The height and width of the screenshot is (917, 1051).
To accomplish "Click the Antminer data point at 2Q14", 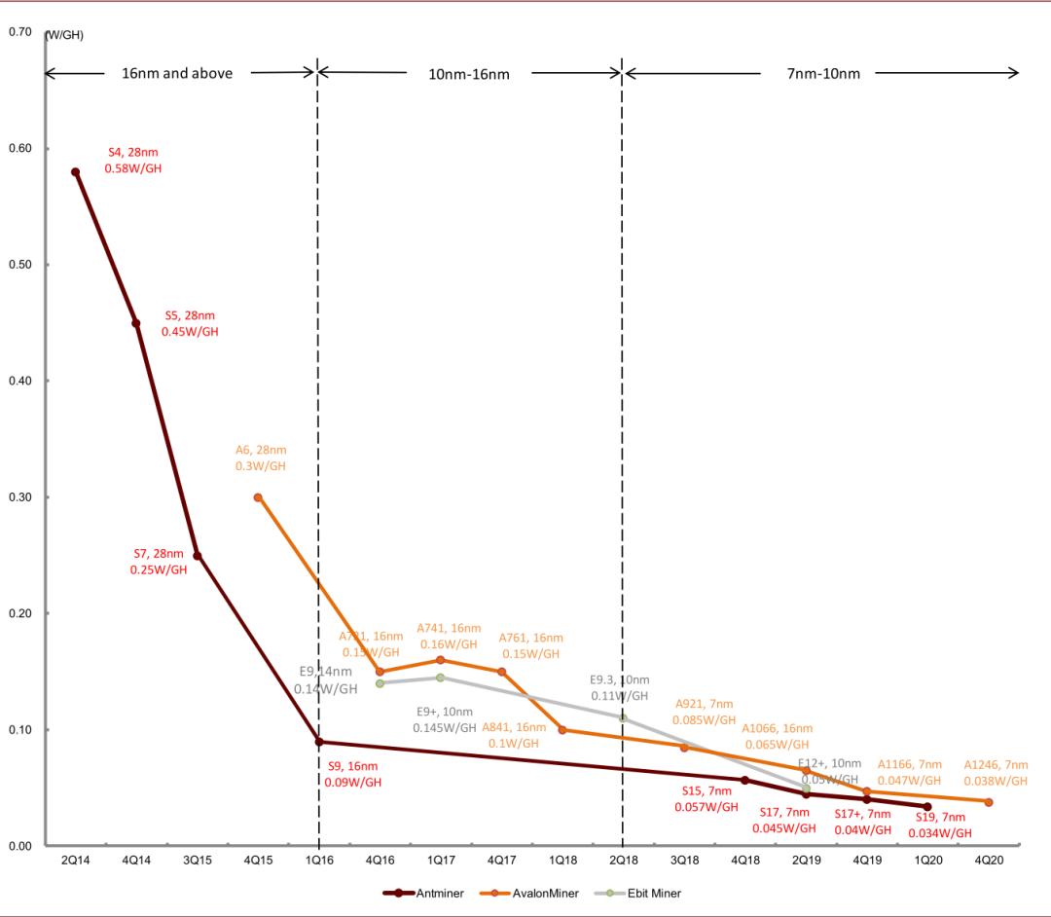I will (x=75, y=172).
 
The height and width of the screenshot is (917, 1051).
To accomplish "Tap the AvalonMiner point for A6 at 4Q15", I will (x=258, y=497).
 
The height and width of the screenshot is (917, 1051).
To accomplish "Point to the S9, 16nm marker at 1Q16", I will (x=319, y=742).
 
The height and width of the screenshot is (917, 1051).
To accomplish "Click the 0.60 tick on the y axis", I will (x=20, y=149).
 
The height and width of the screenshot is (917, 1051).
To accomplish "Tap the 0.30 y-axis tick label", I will (x=20, y=497).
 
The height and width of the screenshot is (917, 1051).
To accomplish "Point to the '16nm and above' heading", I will (x=177, y=73).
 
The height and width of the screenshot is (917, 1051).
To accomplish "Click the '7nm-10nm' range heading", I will (x=823, y=73).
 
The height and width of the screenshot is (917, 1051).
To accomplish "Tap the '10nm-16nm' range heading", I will (x=469, y=73).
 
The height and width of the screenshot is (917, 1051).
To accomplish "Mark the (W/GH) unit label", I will (x=64, y=35).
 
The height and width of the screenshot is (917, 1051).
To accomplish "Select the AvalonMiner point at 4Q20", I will (x=989, y=802).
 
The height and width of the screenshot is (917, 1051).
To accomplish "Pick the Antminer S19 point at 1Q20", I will (x=927, y=807).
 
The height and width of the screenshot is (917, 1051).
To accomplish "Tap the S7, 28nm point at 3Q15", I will (x=198, y=556).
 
